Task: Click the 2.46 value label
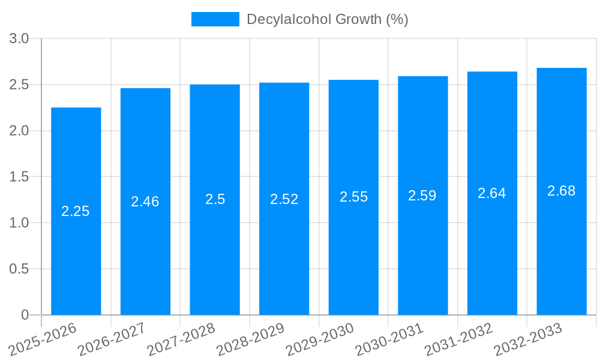pos(145,202)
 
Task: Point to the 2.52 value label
pos(284,199)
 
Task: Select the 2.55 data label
pos(354,197)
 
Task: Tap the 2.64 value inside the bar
pos(492,193)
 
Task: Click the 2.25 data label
pos(76,211)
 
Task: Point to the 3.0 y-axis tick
pos(19,39)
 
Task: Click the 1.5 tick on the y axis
pos(19,177)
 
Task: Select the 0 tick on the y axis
pos(25,315)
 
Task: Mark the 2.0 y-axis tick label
pos(19,131)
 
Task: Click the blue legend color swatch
pos(215,19)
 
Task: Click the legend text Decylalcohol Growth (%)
pos(328,19)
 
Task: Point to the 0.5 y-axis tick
pos(19,269)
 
